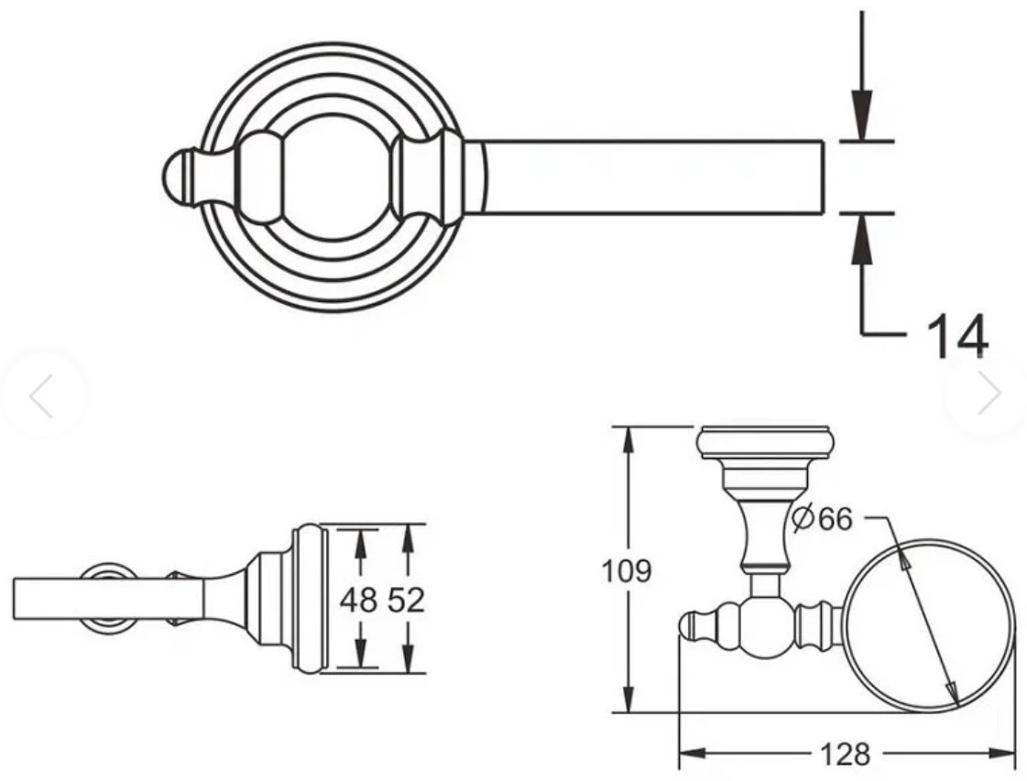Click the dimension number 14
[956, 336]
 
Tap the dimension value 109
[627, 570]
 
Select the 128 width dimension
[846, 754]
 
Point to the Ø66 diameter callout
[823, 519]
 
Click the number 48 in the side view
[358, 600]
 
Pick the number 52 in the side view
[406, 600]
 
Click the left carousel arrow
[41, 396]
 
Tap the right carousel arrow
[989, 394]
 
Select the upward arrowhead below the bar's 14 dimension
[863, 239]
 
